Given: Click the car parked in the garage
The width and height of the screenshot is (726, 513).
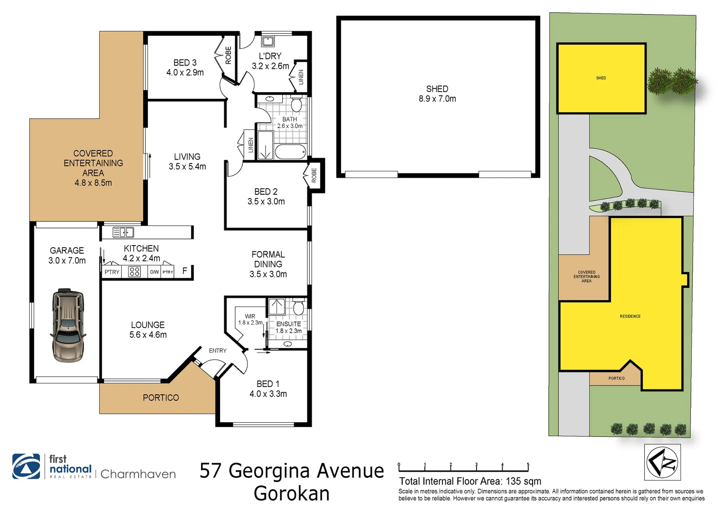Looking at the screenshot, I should click(68, 325).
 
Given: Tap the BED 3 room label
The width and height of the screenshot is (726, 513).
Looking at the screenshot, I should click(185, 67).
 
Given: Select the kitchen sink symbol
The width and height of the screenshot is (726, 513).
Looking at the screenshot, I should click(123, 232).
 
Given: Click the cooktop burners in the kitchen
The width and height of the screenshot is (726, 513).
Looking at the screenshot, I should click(134, 271).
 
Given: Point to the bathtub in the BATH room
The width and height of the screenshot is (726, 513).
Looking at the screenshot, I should click(290, 152).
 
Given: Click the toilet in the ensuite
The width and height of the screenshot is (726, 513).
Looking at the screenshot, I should click(298, 308).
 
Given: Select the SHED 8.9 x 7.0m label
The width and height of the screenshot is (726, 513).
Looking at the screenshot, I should click(437, 94).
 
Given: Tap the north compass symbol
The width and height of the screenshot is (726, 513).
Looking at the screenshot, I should click(662, 462).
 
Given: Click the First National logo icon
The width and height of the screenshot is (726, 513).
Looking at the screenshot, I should click(26, 466).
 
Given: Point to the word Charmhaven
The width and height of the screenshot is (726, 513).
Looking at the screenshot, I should click(138, 474).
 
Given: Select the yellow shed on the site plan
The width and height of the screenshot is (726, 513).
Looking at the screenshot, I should click(601, 78).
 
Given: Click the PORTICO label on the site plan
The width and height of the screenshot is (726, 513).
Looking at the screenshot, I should click(616, 378).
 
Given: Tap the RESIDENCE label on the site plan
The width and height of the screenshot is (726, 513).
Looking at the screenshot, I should click(630, 316).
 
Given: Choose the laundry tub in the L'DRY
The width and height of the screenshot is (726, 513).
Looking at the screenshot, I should click(267, 41).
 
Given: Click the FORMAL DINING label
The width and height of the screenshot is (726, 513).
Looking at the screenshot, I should click(268, 264).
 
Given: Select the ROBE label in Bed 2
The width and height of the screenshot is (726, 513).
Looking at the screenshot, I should click(314, 176).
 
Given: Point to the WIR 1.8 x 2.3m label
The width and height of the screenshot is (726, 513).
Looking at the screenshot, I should click(250, 319).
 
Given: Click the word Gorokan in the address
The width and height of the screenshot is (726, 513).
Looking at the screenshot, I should click(292, 494).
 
